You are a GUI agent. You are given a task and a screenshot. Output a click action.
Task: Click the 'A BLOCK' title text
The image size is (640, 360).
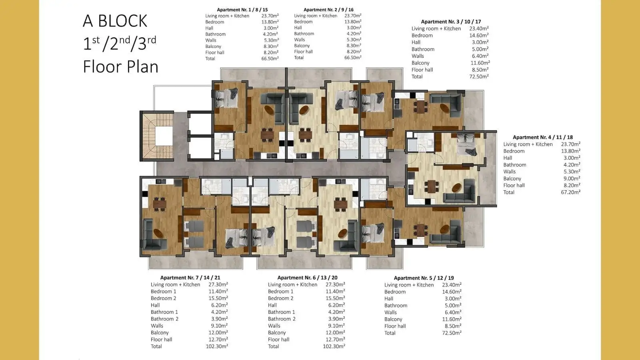click(x=115, y=21)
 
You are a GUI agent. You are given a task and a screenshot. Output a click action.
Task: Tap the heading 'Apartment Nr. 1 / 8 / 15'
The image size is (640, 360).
click(x=242, y=10)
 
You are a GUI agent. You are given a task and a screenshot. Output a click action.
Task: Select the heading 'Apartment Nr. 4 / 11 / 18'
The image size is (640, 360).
click(x=542, y=137)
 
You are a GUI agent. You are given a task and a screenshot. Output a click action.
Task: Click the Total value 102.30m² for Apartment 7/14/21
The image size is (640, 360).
click(x=217, y=346)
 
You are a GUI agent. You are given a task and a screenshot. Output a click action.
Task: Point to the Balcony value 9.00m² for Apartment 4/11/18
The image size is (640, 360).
click(x=572, y=178)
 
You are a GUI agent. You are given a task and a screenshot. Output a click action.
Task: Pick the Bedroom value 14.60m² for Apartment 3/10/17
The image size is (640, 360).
click(x=479, y=36)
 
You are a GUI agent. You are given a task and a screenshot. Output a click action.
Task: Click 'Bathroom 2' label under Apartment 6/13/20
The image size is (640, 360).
click(x=282, y=319)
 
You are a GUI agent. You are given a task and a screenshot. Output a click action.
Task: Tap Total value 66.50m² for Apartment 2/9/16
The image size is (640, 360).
click(x=353, y=58)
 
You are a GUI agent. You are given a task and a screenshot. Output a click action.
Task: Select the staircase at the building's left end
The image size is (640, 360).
click(x=158, y=136)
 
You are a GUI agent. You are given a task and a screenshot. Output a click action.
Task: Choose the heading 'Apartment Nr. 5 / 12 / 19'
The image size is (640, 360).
click(x=424, y=278)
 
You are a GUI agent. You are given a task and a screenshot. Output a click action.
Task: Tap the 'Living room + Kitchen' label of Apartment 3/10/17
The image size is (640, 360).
click(x=436, y=28)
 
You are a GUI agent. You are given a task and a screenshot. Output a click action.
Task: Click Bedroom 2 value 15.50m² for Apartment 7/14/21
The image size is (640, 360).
click(x=218, y=298)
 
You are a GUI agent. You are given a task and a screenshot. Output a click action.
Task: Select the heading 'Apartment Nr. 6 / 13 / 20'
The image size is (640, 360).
click(x=308, y=278)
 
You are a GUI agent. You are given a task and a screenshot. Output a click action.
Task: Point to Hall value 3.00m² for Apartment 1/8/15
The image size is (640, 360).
click(x=271, y=28)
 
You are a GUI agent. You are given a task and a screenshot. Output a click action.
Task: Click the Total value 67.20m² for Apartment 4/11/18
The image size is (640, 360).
click(x=570, y=192)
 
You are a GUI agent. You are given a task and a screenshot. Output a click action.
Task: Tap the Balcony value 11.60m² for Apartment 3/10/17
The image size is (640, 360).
click(x=480, y=63)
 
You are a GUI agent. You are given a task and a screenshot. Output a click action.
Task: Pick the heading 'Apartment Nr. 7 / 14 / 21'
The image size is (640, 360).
click(x=190, y=278)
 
